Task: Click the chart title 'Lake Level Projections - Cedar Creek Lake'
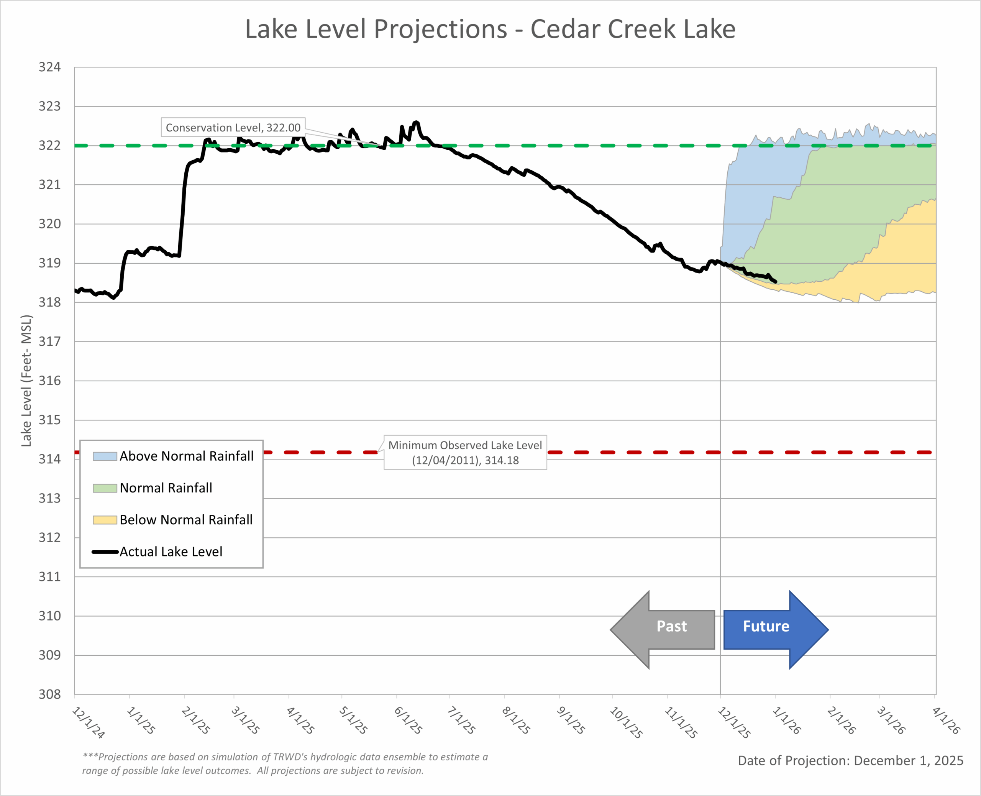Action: [x=490, y=30]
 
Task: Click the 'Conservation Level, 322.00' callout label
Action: [x=233, y=128]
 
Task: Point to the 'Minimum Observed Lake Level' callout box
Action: [x=465, y=453]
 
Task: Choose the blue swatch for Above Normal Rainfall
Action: [x=105, y=456]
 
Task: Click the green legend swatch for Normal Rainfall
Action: [x=105, y=488]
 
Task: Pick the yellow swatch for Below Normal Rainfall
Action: [x=105, y=520]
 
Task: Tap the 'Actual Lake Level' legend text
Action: [x=171, y=551]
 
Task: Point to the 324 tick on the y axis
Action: [x=49, y=67]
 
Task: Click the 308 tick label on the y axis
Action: [x=49, y=694]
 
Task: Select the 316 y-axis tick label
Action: [x=49, y=381]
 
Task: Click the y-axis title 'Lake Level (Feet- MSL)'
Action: [x=26, y=381]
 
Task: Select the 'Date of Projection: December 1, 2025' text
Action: [x=850, y=761]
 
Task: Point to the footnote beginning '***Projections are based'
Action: [x=285, y=763]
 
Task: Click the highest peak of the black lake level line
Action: [x=416, y=122]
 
